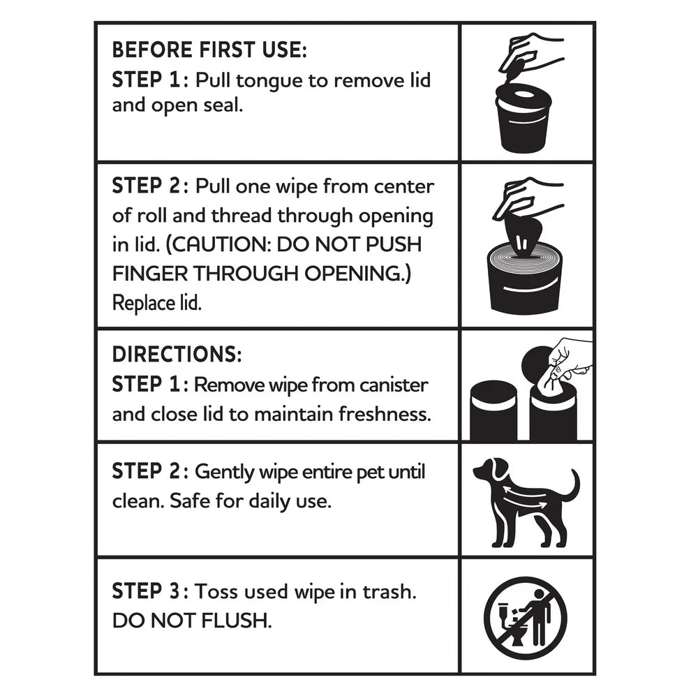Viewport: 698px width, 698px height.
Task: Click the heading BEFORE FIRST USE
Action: point(209,50)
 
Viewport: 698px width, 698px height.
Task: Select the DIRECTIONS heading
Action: point(177,355)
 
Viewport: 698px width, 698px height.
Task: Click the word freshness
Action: point(385,414)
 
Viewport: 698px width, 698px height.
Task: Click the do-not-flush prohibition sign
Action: point(525,617)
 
